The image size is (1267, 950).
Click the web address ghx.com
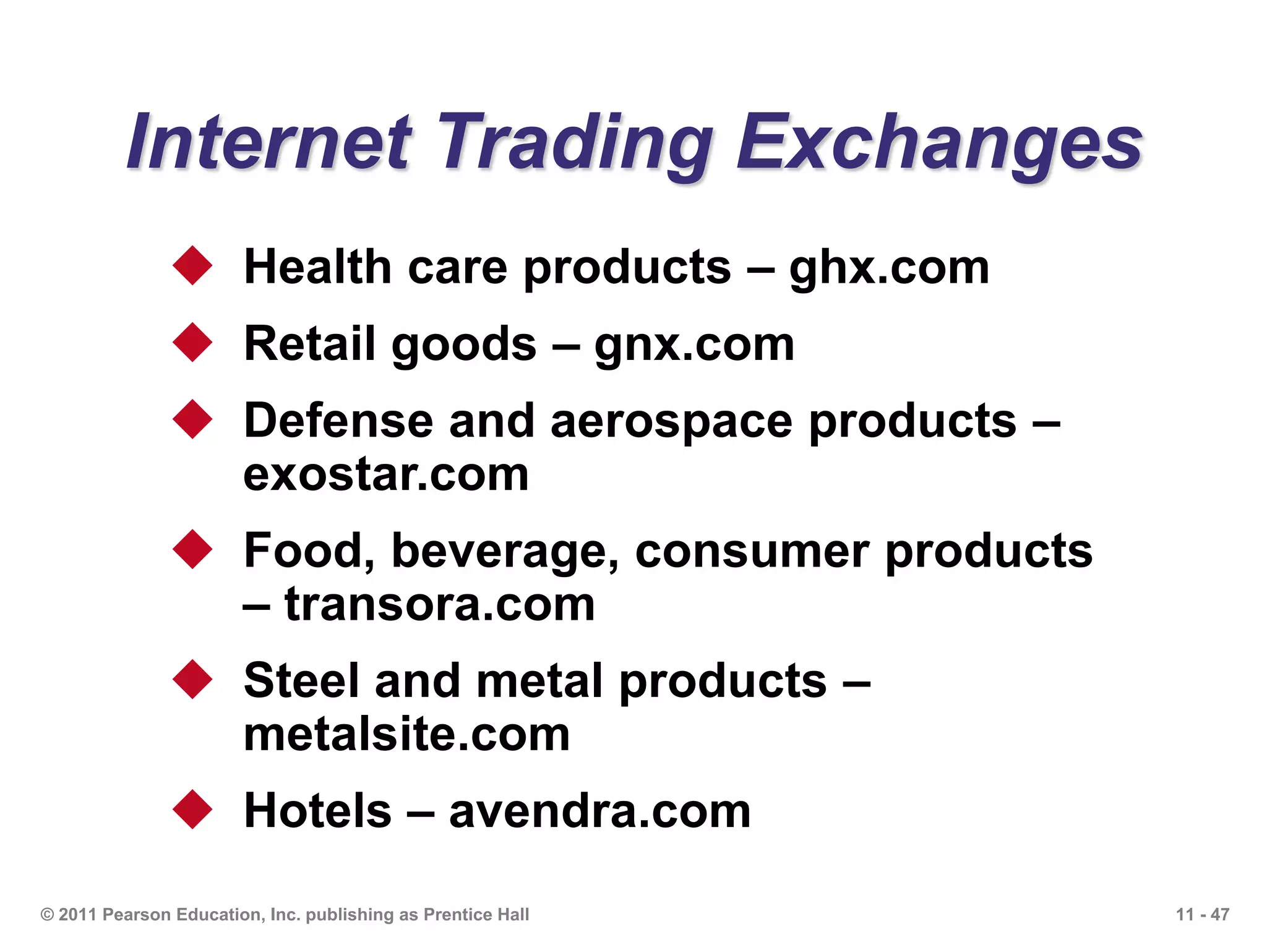[889, 268]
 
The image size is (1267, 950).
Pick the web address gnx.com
[694, 345]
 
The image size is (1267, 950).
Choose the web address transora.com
[439, 605]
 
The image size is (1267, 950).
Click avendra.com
[599, 811]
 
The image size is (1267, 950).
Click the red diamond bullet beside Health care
[193, 266]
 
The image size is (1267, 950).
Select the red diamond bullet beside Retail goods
[193, 342]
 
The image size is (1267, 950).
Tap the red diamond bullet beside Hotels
[193, 809]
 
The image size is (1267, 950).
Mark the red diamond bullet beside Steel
[193, 679]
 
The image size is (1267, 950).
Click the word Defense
[338, 421]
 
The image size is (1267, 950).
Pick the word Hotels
[318, 811]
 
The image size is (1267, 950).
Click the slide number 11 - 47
[1202, 915]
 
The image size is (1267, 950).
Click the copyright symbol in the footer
[47, 915]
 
